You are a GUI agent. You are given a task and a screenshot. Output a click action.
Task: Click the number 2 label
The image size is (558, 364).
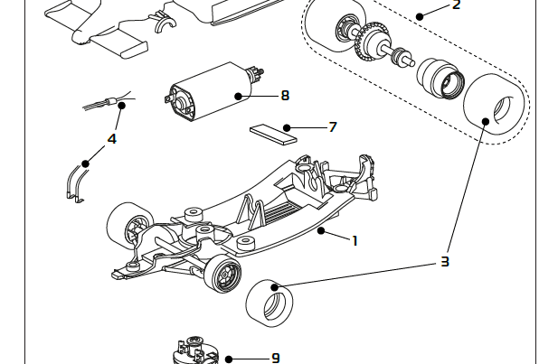pyautogui.click(x=456, y=5)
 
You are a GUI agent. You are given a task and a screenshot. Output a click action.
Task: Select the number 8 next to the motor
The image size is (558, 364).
pyautogui.click(x=285, y=95)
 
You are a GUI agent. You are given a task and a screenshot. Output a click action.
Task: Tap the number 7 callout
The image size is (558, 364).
pyautogui.click(x=332, y=127)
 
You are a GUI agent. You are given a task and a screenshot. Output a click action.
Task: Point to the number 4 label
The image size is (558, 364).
pyautogui.click(x=111, y=139)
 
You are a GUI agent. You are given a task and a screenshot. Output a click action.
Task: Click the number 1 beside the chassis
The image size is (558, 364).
pyautogui.click(x=355, y=240)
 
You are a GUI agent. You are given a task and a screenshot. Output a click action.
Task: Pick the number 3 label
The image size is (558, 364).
pyautogui.click(x=445, y=262)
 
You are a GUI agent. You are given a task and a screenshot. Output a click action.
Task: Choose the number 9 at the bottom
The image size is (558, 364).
pyautogui.click(x=275, y=359)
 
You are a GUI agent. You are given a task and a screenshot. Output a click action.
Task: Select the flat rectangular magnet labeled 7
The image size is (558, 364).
pyautogui.click(x=273, y=133)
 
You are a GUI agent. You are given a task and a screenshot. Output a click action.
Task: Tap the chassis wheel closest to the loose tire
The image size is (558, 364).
pyautogui.click(x=222, y=274)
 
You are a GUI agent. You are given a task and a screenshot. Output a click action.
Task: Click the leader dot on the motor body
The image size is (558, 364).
pyautogui.click(x=237, y=95)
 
